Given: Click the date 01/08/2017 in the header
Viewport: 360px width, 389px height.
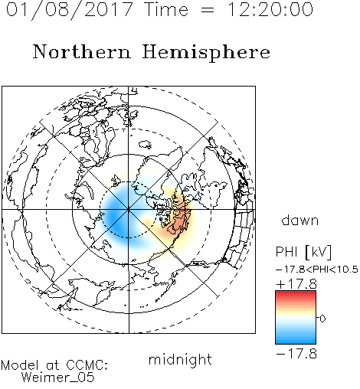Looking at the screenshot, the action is tap(69, 10).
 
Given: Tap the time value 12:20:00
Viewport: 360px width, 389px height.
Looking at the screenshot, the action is tap(270, 9).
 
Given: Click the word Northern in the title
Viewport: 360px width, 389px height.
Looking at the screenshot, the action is tap(82, 51).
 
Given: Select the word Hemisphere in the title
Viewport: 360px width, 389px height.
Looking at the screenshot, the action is tap(206, 53).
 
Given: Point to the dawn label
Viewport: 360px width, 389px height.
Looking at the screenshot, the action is tap(300, 220).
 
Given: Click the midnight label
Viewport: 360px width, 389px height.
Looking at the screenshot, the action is tap(180, 359).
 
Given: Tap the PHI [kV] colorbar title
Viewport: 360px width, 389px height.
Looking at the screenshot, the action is tap(304, 252).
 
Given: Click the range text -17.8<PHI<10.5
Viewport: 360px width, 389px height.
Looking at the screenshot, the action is tap(317, 270).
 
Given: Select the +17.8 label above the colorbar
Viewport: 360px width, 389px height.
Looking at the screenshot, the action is tap(296, 284).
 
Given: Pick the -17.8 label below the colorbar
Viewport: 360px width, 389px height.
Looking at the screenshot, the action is tap(296, 354).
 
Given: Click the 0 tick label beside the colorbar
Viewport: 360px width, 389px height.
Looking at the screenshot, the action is tap(322, 319).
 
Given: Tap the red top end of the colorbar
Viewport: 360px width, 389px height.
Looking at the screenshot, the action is tap(296, 293).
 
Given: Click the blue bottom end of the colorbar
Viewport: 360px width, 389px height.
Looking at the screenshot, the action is tap(296, 342).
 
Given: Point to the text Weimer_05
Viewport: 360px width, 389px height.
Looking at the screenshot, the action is tap(58, 378).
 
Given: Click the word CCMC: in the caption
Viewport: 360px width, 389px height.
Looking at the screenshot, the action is tap(87, 365).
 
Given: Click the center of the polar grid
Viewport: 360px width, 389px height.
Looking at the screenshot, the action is tap(129, 210).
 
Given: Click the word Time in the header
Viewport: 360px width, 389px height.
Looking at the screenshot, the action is tap(166, 9).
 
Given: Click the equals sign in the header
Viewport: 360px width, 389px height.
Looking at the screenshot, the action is tap(208, 10).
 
